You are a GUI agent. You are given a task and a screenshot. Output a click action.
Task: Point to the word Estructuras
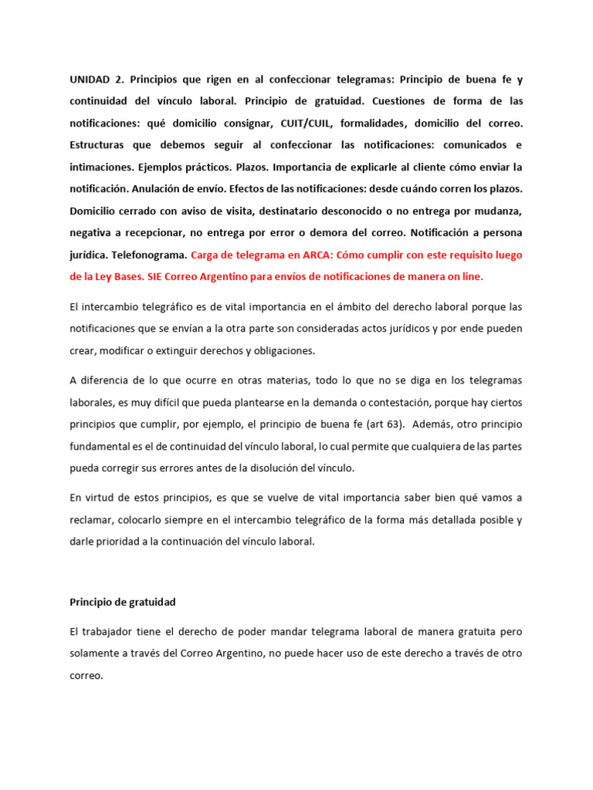point(101,145)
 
